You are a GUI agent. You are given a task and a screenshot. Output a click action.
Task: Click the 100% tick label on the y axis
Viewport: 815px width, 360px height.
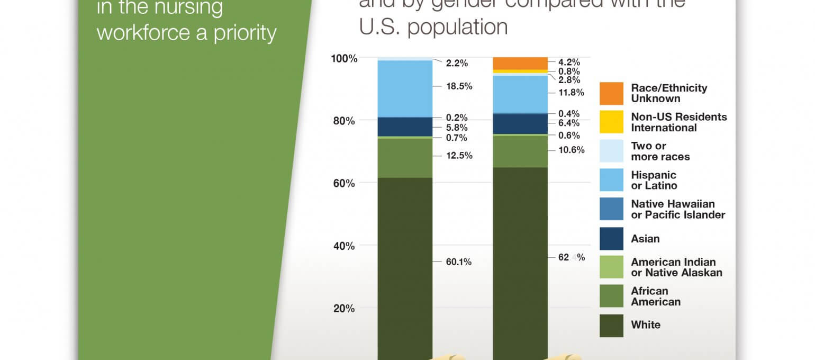coord(344,58)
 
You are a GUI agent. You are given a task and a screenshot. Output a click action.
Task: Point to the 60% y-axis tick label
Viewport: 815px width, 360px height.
coord(344,183)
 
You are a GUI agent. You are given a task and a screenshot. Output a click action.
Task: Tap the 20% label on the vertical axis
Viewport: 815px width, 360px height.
coord(344,309)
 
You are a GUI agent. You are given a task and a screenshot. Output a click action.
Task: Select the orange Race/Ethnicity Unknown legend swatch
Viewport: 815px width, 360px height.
coord(611,93)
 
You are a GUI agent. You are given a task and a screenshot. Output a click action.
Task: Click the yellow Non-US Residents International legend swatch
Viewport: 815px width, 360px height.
coord(611,122)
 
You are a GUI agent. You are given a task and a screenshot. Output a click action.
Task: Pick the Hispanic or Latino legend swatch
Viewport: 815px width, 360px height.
coord(611,180)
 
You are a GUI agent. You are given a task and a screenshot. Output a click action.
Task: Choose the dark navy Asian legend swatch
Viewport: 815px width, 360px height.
coord(611,238)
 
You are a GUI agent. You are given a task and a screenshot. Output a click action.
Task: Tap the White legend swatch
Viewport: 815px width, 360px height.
coord(611,325)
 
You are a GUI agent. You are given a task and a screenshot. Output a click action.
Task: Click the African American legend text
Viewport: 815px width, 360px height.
coord(656,296)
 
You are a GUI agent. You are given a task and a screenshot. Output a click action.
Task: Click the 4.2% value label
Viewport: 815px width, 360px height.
coord(569,61)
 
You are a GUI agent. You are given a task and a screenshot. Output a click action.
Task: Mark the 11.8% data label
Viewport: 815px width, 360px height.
coord(571,93)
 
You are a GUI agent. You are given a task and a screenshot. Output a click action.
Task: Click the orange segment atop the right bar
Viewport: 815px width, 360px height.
coord(520,63)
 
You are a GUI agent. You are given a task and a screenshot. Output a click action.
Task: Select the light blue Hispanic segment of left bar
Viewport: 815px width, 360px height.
coord(405,88)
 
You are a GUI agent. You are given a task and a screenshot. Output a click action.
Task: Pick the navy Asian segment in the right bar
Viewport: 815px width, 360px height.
coord(520,124)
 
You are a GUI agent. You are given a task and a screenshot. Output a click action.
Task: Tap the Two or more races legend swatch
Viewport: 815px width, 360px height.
coord(611,151)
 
